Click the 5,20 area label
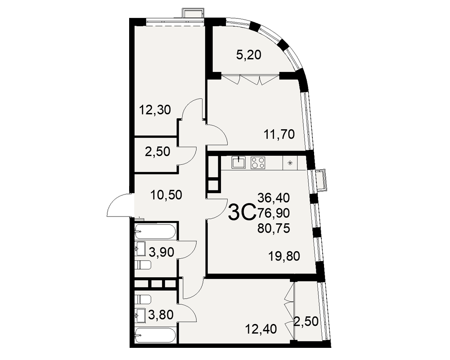coord(248,54)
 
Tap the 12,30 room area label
coord(155,109)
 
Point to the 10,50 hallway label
coord(166,195)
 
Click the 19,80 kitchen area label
coord(284,256)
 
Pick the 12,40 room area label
coord(261,328)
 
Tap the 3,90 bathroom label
coord(161,252)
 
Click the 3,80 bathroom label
coord(161,315)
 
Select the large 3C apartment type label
coord(242,212)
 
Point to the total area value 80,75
coord(274,229)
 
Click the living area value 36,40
coord(274,198)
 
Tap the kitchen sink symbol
coord(238,162)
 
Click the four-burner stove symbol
coord(258,162)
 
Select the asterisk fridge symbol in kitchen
coord(290,163)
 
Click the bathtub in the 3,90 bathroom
coord(156,231)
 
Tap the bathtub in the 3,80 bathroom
coord(156,335)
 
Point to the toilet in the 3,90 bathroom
coord(143,265)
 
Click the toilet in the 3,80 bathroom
coord(143,299)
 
